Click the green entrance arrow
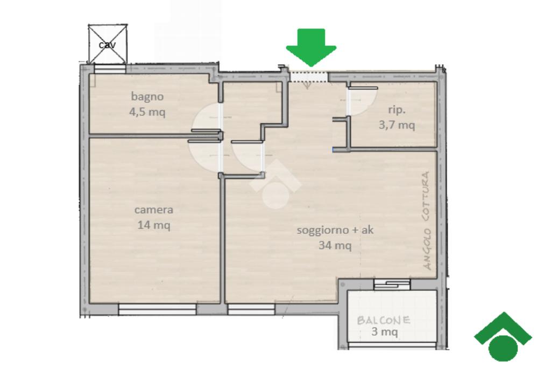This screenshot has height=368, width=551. (x=311, y=47)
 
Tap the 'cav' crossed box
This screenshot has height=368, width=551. (x=107, y=44)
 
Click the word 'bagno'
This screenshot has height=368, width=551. (x=147, y=96)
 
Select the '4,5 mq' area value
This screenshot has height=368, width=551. (x=147, y=112)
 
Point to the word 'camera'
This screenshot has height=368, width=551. (x=154, y=210)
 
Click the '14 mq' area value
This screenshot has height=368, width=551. (x=154, y=225)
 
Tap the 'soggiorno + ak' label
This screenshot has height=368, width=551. (x=335, y=230)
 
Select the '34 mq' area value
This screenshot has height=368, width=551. (x=335, y=245)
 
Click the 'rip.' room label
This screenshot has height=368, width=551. (x=397, y=110)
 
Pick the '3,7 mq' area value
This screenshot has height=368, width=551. (x=397, y=125)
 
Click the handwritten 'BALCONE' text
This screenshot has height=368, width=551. (x=383, y=320)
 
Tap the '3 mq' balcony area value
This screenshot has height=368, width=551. (x=385, y=331)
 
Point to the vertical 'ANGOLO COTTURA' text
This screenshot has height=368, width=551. (x=427, y=220)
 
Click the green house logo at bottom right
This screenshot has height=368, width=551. (x=503, y=337)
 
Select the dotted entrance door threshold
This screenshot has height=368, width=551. (x=308, y=77)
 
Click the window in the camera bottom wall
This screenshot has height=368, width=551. (x=157, y=309)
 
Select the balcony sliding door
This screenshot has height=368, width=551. (x=392, y=284)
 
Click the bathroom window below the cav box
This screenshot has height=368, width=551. (x=110, y=69)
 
